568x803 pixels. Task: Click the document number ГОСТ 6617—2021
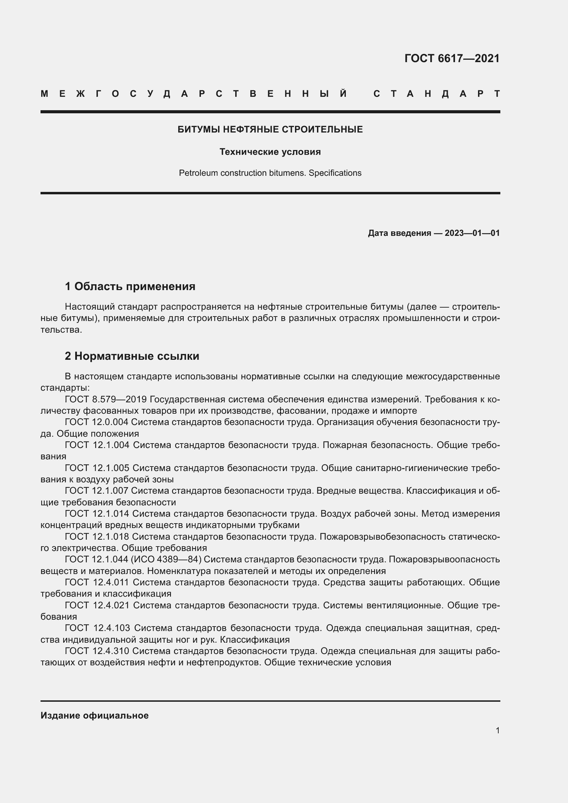tap(452, 58)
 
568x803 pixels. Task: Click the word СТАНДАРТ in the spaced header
tap(436, 94)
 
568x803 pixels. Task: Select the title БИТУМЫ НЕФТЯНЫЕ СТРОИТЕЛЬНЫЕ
tap(270, 130)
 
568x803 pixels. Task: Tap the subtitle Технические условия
tap(270, 152)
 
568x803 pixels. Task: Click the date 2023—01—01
tap(472, 233)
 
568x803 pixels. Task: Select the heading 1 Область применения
tap(130, 286)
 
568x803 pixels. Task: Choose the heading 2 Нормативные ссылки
tap(132, 356)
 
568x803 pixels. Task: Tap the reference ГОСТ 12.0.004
tap(97, 422)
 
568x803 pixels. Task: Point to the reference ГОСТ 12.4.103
tap(98, 628)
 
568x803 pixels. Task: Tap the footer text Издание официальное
tap(94, 715)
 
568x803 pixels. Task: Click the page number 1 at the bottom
tap(497, 730)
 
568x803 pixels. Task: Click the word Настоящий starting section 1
tap(90, 307)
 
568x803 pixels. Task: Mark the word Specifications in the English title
tap(335, 173)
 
